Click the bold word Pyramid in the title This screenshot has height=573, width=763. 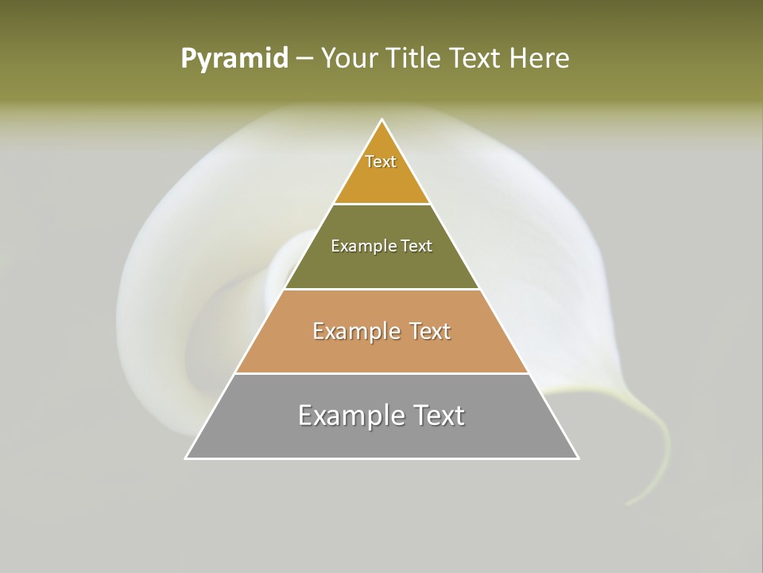234,59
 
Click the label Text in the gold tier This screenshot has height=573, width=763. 381,162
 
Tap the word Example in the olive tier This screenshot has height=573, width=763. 362,247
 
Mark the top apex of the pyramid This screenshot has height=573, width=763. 382,120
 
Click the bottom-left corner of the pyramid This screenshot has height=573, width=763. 187,458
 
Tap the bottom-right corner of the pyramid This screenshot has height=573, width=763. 577,458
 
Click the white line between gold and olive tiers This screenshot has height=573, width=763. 382,204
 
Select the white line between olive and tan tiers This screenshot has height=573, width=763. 382,289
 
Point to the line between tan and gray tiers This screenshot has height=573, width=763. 382,373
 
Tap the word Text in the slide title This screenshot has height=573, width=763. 475,59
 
